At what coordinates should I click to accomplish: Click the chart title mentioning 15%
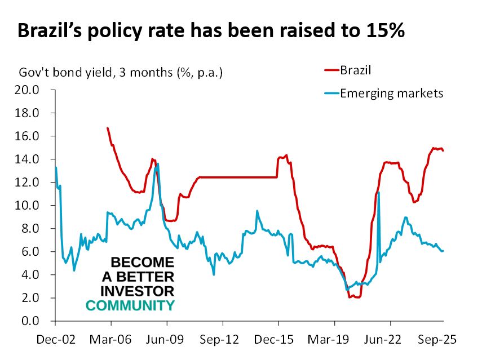coord(211,30)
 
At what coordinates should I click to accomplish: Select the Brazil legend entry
coord(357,70)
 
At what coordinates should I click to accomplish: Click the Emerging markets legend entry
coord(391,93)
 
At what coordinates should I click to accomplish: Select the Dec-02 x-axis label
coord(55,340)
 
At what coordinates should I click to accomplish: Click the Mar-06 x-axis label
coord(111,340)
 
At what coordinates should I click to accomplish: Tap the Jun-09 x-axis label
coord(167,340)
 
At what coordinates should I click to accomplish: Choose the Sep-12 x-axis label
coord(223,340)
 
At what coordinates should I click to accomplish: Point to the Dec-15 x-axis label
coord(278,340)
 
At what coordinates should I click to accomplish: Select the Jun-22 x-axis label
coord(390,340)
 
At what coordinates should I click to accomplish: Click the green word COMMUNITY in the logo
coord(130,305)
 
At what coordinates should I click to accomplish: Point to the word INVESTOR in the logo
coord(137,291)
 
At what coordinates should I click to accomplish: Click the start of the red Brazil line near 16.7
coord(107,128)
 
